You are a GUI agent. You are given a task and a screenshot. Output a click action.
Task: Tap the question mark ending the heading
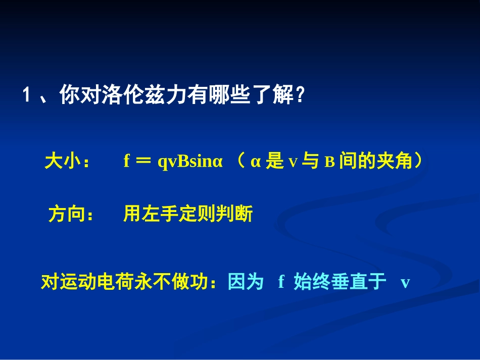pyautogui.click(x=301, y=95)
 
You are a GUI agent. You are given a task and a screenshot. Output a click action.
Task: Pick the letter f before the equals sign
pyautogui.click(x=127, y=162)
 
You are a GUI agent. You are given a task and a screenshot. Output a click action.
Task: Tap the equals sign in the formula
pyautogui.click(x=144, y=162)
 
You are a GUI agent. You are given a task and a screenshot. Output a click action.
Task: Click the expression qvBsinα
pyautogui.click(x=190, y=162)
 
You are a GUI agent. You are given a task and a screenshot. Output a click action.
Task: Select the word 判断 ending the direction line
pyautogui.click(x=236, y=215)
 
